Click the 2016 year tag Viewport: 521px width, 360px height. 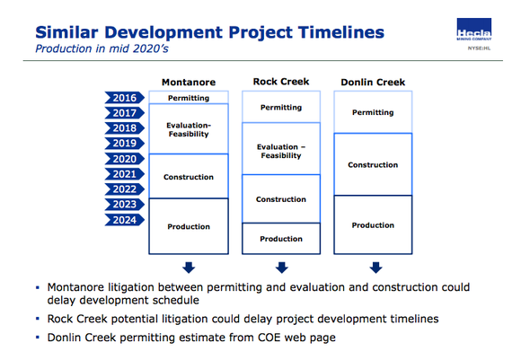click(123, 98)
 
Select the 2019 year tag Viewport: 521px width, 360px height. click(123, 144)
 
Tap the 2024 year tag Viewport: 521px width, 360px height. click(123, 220)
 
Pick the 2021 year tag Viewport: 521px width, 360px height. click(123, 174)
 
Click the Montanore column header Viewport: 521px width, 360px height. click(188, 83)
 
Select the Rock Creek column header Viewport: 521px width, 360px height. click(281, 83)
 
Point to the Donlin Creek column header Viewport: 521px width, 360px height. click(372, 83)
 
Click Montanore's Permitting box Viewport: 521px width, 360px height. click(188, 97)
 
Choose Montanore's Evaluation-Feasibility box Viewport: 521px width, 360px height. click(188, 128)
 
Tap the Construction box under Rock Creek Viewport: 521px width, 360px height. click(281, 199)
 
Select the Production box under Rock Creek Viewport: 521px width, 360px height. click(281, 239)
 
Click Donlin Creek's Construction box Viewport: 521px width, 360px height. click(373, 164)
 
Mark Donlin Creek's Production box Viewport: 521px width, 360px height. click(373, 225)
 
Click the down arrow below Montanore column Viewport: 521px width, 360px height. click(188, 267)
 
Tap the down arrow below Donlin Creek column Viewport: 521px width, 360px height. click(376, 267)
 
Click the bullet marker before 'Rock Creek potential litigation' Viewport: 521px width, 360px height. click(38, 319)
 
